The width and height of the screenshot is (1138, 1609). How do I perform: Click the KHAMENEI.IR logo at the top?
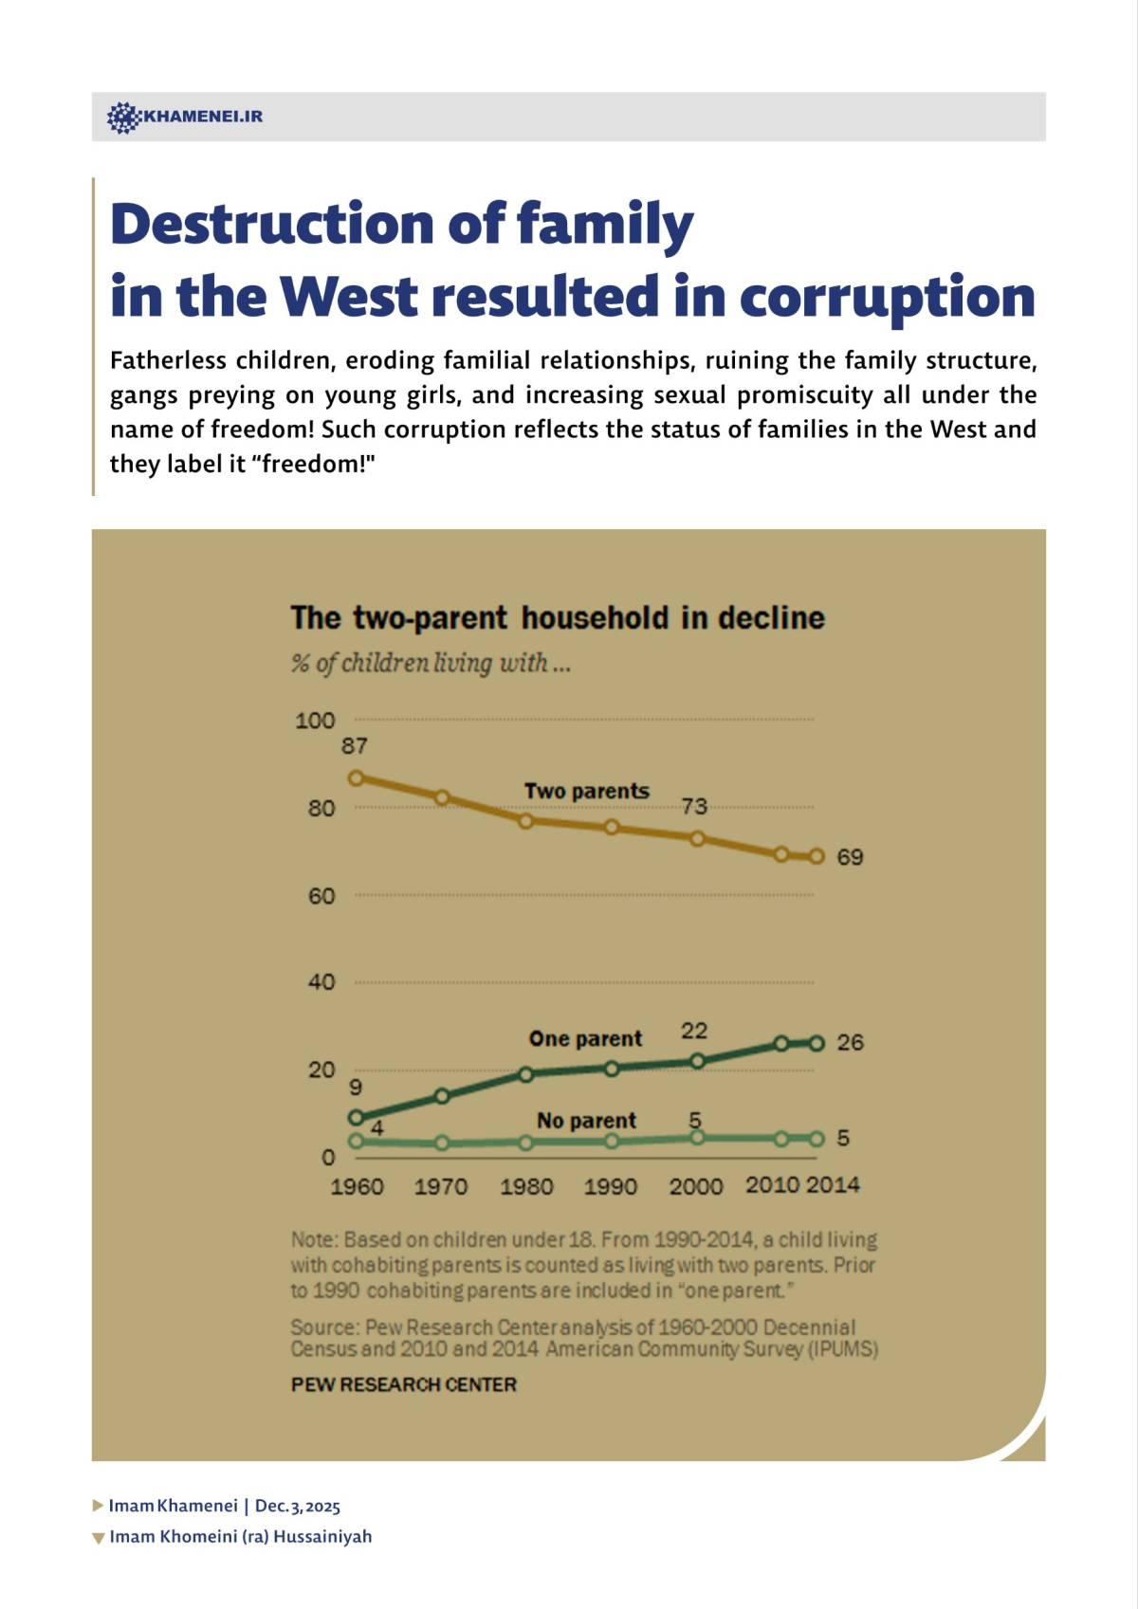tap(185, 117)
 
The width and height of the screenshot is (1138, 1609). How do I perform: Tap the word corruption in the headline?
tap(886, 297)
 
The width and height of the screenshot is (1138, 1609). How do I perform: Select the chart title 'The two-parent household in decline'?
tap(557, 618)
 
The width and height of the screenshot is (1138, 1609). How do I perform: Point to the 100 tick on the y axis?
tap(315, 721)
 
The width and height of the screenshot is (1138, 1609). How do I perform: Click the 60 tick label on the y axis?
tap(321, 896)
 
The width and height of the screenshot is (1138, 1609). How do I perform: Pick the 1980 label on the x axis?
tap(526, 1186)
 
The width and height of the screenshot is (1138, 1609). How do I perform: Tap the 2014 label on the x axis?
tap(833, 1185)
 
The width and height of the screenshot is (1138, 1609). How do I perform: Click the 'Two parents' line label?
tap(586, 791)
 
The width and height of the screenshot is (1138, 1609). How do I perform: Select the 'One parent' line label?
tap(585, 1038)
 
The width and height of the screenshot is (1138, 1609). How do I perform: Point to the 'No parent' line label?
tap(586, 1121)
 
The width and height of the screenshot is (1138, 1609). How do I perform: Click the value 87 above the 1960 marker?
tap(355, 746)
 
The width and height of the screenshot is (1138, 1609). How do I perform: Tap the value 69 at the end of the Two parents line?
tap(850, 857)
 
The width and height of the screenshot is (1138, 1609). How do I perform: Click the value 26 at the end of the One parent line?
tap(850, 1043)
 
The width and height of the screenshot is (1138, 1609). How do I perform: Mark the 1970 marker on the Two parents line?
tap(442, 798)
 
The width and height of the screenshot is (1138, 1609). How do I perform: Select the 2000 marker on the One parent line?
tap(697, 1061)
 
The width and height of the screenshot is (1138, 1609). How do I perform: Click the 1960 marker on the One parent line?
tap(357, 1118)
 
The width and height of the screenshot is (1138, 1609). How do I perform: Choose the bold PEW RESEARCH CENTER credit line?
tap(403, 1384)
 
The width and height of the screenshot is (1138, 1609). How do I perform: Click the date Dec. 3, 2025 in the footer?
tap(297, 1506)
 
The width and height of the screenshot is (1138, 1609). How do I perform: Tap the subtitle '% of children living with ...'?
tap(431, 663)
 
